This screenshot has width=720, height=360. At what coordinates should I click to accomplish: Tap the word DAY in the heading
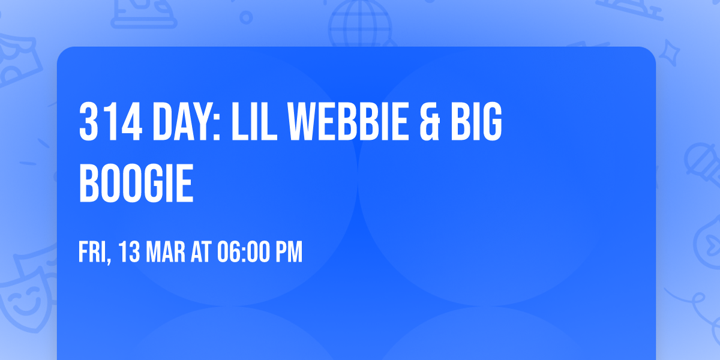[x=181, y=121]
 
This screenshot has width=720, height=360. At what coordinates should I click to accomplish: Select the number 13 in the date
[x=128, y=253]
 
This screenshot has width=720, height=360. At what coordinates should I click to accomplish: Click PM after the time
[x=289, y=253]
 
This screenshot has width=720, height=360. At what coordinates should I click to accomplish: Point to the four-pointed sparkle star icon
[x=672, y=51]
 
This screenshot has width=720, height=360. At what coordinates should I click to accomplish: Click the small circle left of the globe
[x=246, y=18]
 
